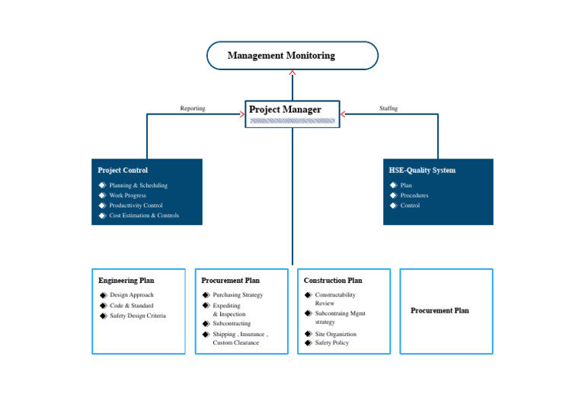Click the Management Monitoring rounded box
coord(292,56)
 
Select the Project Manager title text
coord(285,110)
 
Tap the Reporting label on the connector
coord(192,108)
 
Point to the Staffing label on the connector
coord(388,108)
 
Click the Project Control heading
coord(123,170)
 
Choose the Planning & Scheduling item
coord(138,185)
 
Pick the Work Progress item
coord(127,195)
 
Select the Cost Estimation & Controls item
coord(144,216)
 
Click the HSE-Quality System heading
coord(422,170)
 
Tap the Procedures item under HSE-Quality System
coord(414,195)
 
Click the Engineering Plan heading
coord(126,281)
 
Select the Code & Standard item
coord(131,306)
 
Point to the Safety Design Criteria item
coord(137,316)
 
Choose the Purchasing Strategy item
coord(238,295)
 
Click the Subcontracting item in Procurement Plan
coord(232,324)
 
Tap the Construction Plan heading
coord(333,281)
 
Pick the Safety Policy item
coord(331,343)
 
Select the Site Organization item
coord(335,334)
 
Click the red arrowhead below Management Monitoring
coord(292,72)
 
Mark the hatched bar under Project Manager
coord(292,120)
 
